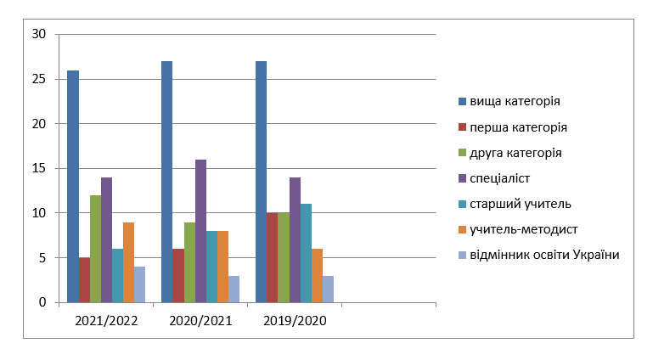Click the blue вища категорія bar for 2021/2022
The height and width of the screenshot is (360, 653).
click(73, 187)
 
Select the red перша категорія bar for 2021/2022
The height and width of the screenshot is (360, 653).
click(84, 280)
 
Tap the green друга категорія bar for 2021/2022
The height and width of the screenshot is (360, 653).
click(95, 249)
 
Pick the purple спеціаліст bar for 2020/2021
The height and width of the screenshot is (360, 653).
click(200, 231)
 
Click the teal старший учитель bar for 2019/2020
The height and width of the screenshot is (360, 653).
click(306, 253)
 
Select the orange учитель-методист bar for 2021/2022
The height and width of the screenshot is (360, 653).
click(129, 262)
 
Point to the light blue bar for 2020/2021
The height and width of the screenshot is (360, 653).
click(234, 290)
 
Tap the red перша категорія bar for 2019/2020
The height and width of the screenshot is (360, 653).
click(273, 257)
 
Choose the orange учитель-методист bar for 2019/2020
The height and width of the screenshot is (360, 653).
click(317, 275)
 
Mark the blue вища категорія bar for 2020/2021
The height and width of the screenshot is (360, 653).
click(167, 182)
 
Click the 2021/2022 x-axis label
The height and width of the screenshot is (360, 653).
click(106, 321)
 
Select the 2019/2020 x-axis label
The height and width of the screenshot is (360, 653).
click(295, 321)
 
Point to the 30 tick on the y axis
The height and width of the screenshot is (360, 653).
click(39, 34)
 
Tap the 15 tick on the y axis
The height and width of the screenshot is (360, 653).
click(39, 168)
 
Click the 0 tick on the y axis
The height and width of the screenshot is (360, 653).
click(42, 302)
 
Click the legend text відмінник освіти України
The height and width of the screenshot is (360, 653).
click(544, 255)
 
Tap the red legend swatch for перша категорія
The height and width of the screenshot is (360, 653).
click(462, 127)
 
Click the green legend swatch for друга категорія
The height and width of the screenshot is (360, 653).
click(462, 153)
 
